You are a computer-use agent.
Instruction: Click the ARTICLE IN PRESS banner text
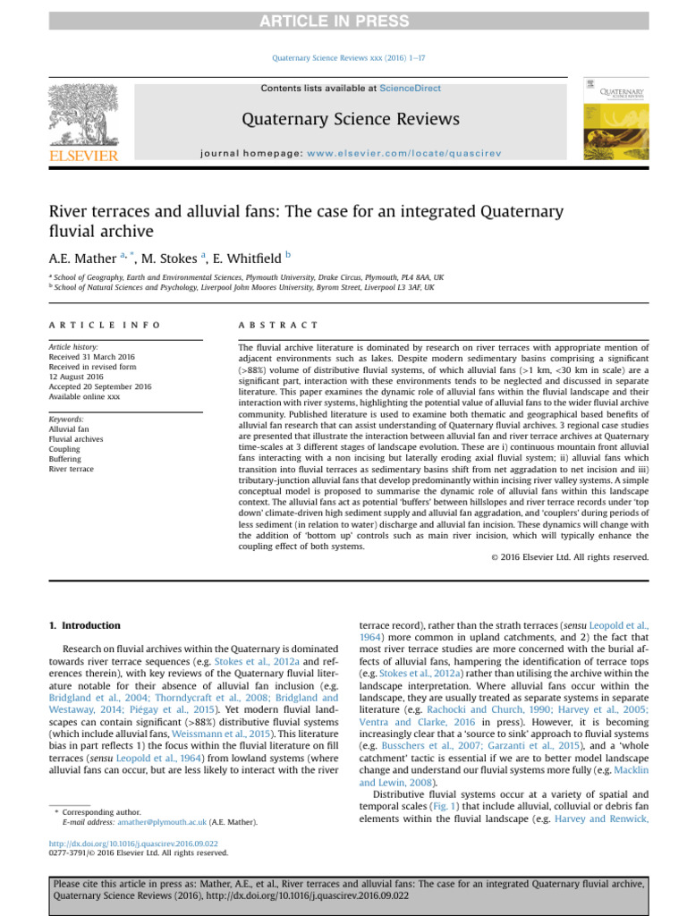343,21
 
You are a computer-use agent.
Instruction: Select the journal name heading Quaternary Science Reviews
351,119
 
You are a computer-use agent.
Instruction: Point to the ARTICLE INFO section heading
105,325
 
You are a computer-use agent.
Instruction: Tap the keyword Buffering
67,459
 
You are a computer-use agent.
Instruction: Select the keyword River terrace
72,469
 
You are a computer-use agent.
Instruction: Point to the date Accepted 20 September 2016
100,386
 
